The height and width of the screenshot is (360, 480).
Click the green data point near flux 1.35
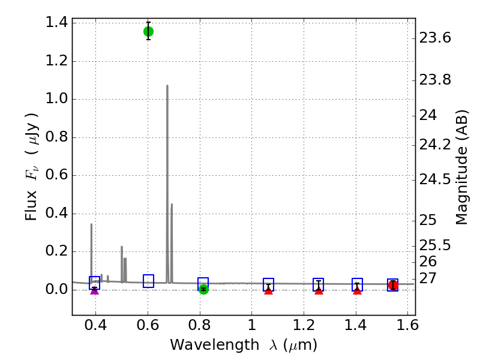tap(148, 31)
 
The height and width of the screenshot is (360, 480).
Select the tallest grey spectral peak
tap(167, 86)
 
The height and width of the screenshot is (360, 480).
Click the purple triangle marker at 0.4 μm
tap(94, 290)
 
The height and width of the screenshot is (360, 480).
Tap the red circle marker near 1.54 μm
tap(393, 285)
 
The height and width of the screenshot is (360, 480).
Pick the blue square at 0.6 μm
tap(148, 281)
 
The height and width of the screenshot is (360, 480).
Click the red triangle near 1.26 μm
tap(319, 290)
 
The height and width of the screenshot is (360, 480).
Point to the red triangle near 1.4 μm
tap(357, 290)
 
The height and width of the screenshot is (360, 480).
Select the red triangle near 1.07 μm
tap(268, 290)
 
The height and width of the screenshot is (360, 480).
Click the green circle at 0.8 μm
tap(203, 289)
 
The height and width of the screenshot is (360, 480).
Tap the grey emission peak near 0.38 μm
tap(91, 224)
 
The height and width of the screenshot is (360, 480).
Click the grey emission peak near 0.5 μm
tap(122, 247)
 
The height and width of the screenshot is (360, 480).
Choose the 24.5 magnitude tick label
tap(435, 179)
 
